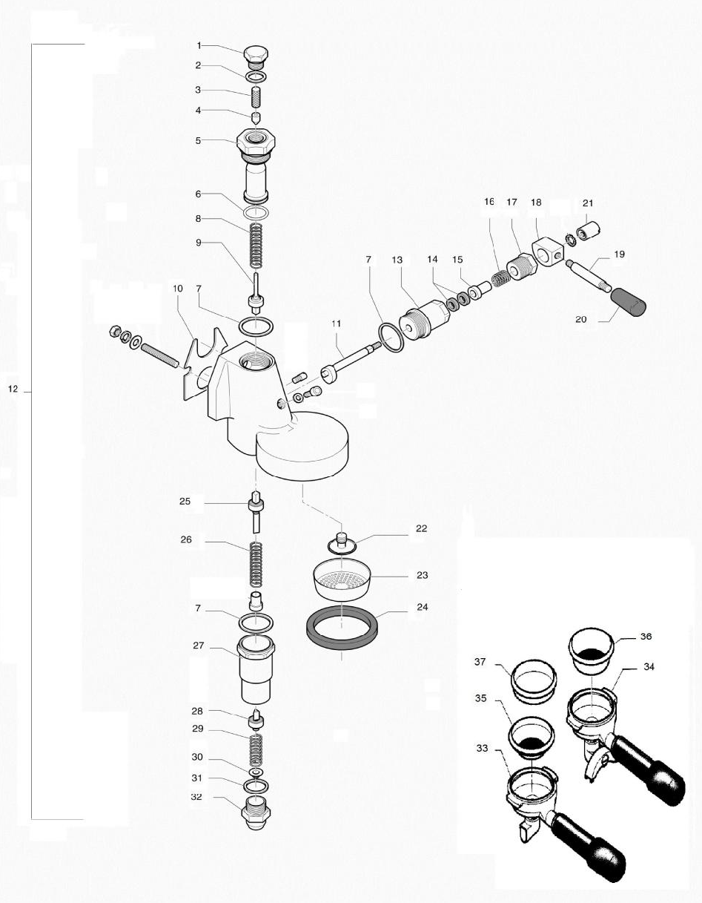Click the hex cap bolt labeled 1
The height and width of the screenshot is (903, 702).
256,56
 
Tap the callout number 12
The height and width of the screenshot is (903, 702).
13,389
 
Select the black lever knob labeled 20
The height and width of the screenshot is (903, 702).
627,301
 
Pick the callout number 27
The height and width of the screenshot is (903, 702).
198,646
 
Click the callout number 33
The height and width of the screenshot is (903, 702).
483,748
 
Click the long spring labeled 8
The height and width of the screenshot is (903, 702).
256,246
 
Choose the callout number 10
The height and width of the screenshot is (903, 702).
177,288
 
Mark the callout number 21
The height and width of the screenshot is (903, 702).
588,203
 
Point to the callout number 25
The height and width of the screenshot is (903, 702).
185,502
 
